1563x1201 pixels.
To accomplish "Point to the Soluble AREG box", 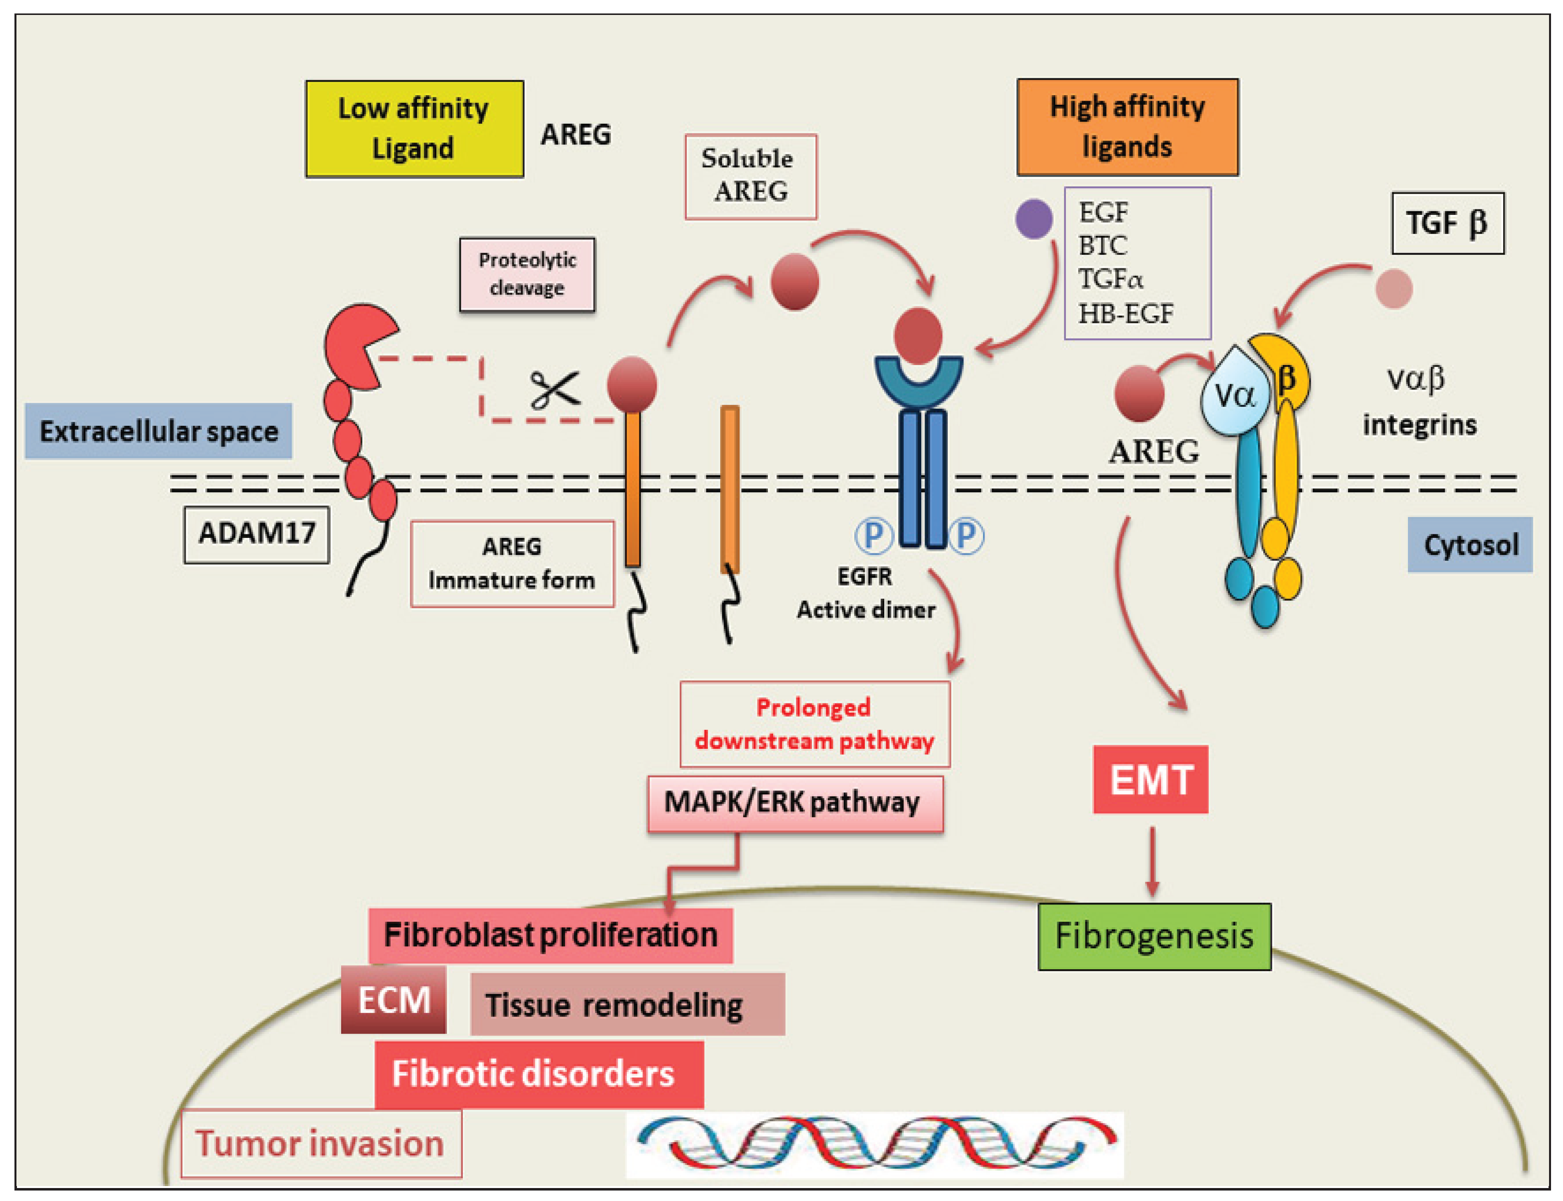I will point(750,176).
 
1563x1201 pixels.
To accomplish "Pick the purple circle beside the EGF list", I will point(1033,219).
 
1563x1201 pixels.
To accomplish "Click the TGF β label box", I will point(1447,223).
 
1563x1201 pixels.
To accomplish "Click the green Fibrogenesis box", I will point(1154,936).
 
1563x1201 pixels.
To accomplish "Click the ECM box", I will point(393,1000).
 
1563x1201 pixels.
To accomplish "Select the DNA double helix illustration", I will point(874,1144).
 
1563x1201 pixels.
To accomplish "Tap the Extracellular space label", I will point(158,431).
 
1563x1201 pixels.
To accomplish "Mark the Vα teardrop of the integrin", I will point(1235,393).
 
